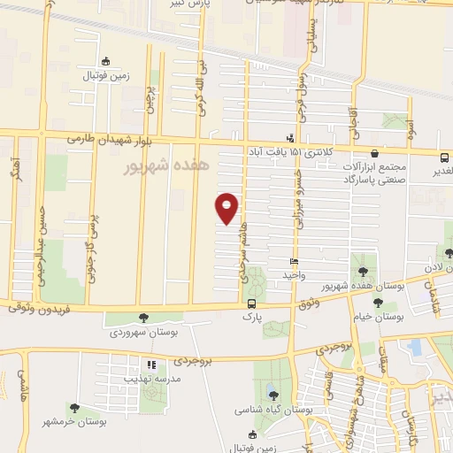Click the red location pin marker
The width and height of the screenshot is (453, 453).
click(227, 208)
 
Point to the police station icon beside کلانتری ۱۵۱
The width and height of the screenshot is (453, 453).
click(290, 138)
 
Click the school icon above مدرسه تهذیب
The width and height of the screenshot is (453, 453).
click(151, 365)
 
